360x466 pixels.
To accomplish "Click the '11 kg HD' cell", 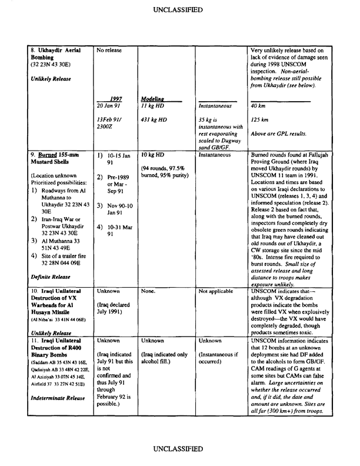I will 152,106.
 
